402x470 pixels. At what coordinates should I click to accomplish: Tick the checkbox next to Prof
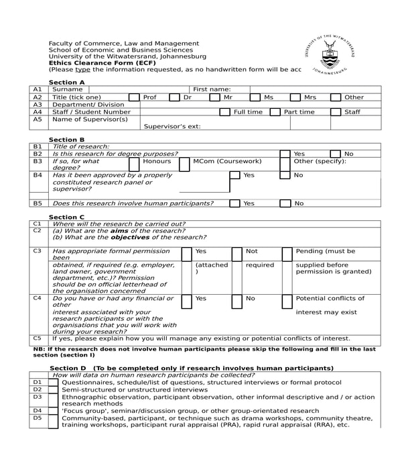click(134, 98)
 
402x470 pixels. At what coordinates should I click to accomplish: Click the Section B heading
click(67, 139)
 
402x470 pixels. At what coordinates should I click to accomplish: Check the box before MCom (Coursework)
click(185, 162)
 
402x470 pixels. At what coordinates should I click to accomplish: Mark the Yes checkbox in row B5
click(234, 202)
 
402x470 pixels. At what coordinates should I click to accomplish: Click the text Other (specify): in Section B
click(320, 162)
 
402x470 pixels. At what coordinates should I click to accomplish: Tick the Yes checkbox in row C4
click(187, 297)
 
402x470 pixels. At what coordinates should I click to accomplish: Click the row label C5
click(38, 338)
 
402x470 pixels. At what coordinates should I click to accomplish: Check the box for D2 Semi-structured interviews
click(54, 389)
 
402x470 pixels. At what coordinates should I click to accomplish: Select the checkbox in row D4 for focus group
click(54, 410)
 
